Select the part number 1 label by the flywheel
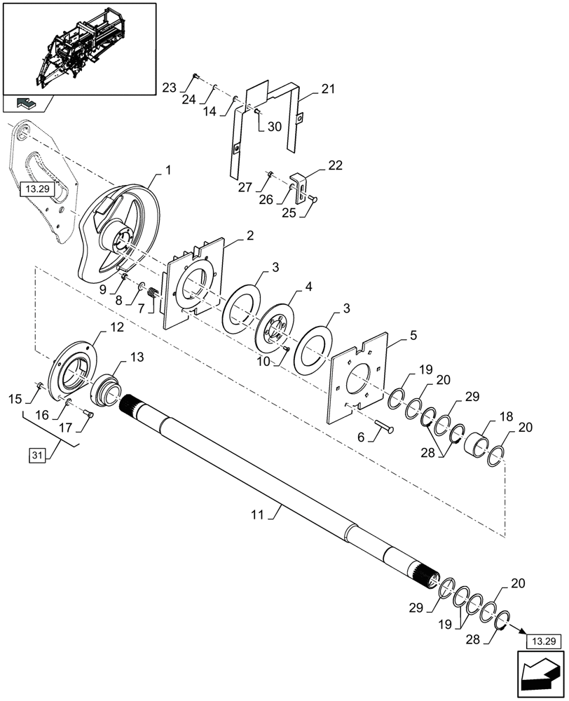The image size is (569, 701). pos(168,170)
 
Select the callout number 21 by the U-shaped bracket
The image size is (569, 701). pos(328,90)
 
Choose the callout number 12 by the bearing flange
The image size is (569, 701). pos(117,327)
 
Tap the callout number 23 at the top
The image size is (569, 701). pos(169,88)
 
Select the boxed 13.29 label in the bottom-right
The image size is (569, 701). pos(538,641)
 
